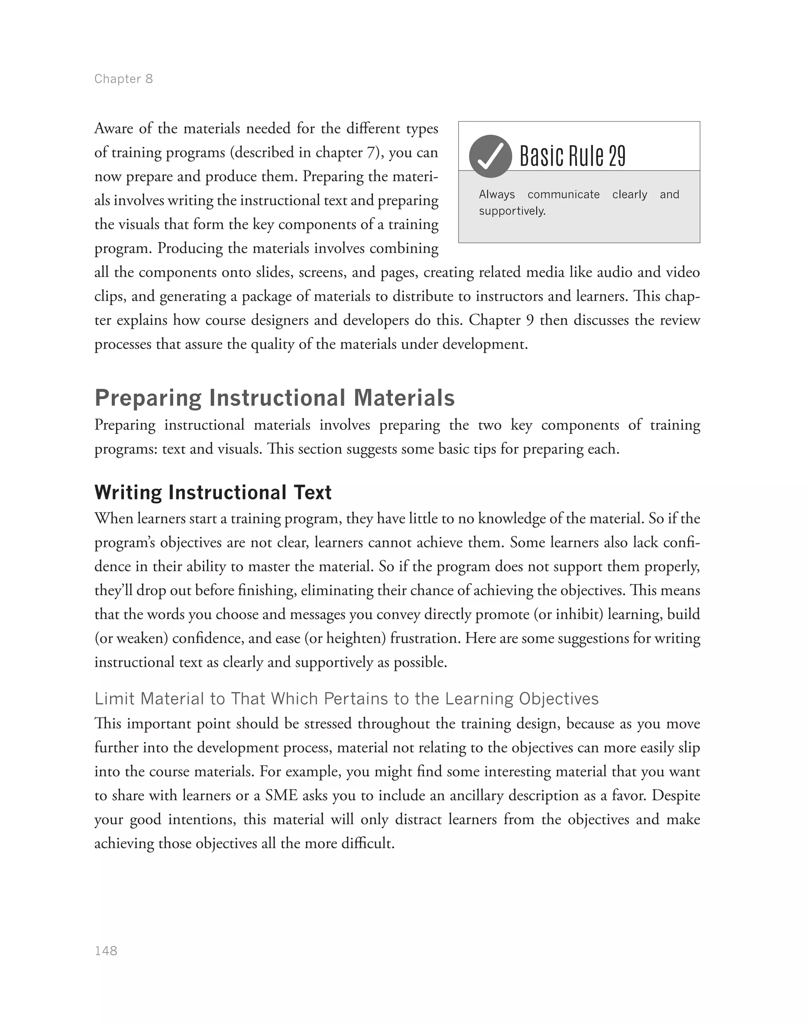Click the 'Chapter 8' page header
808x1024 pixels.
pyautogui.click(x=123, y=79)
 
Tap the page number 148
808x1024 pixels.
pyautogui.click(x=106, y=951)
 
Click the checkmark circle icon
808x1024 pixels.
pyautogui.click(x=490, y=156)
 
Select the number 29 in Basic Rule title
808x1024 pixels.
pyautogui.click(x=617, y=156)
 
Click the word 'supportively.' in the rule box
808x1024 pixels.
pyautogui.click(x=512, y=211)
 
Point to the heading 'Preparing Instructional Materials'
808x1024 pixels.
pyautogui.click(x=274, y=398)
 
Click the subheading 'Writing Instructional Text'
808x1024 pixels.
pyautogui.click(x=213, y=492)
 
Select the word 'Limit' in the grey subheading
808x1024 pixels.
pyautogui.click(x=114, y=699)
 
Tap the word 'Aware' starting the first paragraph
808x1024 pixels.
pyautogui.click(x=114, y=128)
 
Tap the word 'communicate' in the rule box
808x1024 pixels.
pyautogui.click(x=563, y=195)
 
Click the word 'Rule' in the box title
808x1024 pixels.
pyautogui.click(x=587, y=156)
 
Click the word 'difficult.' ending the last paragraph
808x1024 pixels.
pyautogui.click(x=367, y=843)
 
